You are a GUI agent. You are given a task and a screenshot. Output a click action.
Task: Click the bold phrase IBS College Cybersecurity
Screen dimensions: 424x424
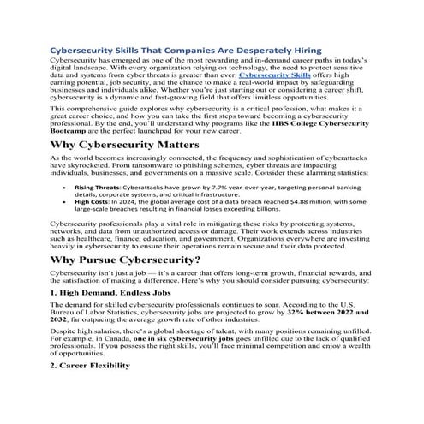pos(329,122)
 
